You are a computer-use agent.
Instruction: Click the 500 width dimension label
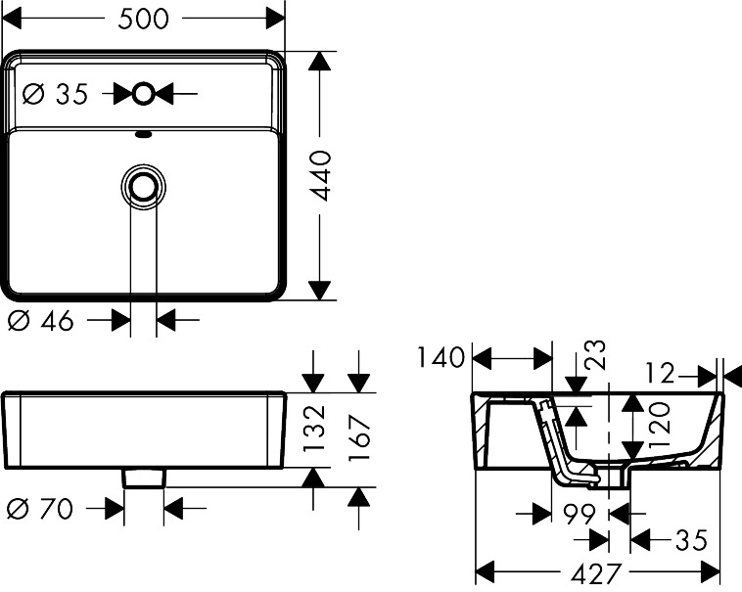coord(143,19)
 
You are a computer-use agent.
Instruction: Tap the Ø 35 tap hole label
coord(55,94)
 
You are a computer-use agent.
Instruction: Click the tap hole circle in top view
coord(144,94)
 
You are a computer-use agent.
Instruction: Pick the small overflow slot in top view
coord(144,136)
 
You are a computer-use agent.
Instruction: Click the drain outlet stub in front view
coord(144,477)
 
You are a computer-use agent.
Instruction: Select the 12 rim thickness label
coord(662,373)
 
